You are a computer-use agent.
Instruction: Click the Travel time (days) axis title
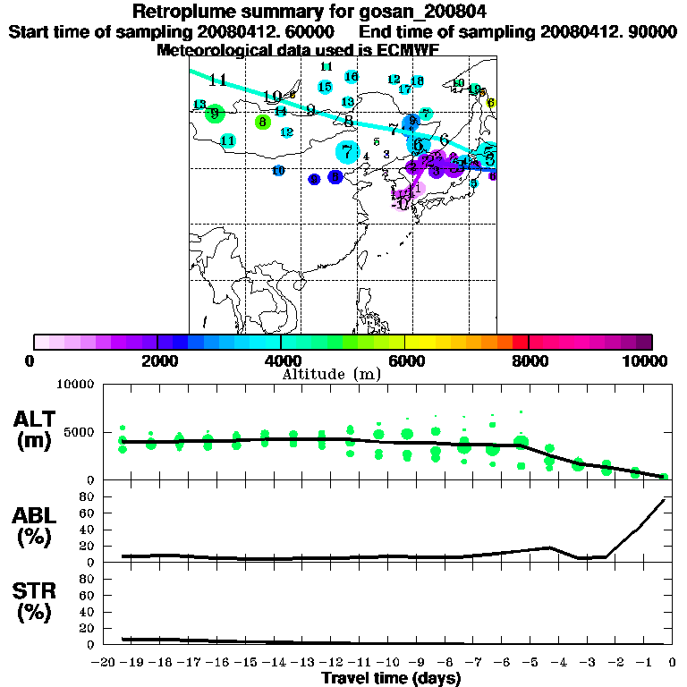click(391, 678)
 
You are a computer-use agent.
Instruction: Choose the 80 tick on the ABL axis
click(88, 513)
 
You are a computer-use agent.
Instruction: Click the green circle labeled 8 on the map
click(262, 122)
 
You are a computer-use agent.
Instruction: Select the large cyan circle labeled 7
click(347, 152)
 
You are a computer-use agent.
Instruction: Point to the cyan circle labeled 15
click(325, 87)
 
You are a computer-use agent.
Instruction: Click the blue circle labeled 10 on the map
click(278, 170)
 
